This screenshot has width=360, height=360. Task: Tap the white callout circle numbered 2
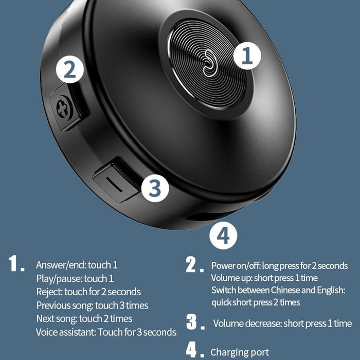[x=70, y=70]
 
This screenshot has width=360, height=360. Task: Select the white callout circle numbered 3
[x=155, y=188]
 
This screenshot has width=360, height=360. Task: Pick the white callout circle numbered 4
[x=224, y=236]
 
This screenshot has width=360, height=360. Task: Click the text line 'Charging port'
[x=240, y=352]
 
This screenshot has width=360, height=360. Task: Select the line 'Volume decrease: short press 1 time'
[x=282, y=323]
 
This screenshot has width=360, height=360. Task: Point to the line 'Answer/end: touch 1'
[x=77, y=265]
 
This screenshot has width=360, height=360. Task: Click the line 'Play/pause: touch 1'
[x=75, y=279]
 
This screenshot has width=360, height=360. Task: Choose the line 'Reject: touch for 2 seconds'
[x=88, y=292]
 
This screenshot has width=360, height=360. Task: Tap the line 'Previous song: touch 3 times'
[x=92, y=305]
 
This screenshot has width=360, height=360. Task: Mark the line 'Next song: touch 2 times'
[x=84, y=319]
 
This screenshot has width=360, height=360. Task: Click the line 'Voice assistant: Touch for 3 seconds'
[x=106, y=332]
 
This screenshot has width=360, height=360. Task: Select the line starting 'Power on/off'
[x=279, y=266]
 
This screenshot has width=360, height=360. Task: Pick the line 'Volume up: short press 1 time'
[x=264, y=278]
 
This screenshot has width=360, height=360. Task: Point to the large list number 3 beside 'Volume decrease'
[x=192, y=322]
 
